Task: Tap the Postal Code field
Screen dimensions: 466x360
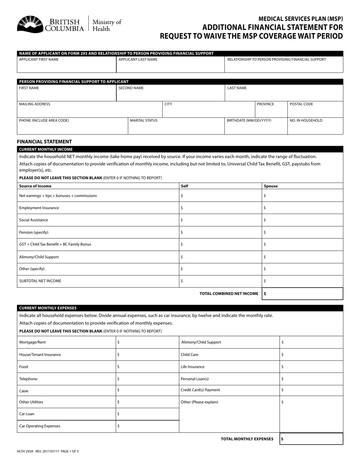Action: [x=315, y=110]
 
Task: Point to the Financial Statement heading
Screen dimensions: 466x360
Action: [x=44, y=141]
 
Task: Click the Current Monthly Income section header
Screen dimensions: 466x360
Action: [x=46, y=149]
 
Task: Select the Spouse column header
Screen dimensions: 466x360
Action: [x=271, y=186]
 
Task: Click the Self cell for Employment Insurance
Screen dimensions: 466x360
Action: [x=221, y=208]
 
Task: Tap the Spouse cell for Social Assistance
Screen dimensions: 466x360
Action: [x=302, y=220]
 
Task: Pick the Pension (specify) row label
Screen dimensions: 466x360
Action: [x=34, y=232]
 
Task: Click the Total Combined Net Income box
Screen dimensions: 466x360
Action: [x=302, y=294]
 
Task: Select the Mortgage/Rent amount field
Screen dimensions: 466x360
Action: [x=147, y=342]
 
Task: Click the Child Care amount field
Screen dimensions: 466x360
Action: [x=311, y=355]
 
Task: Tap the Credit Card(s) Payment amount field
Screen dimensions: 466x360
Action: [x=311, y=390]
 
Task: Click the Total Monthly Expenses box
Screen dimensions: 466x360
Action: [x=311, y=439]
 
